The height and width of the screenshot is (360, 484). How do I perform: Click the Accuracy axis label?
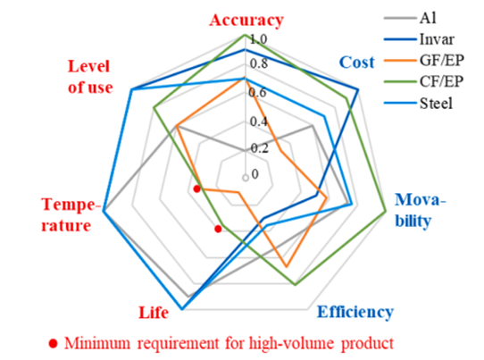pyautogui.click(x=246, y=21)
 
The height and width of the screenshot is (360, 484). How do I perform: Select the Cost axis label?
pyautogui.click(x=357, y=63)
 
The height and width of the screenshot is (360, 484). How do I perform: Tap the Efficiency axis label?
pyautogui.click(x=355, y=312)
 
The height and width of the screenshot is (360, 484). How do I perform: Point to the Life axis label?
pyautogui.click(x=154, y=313)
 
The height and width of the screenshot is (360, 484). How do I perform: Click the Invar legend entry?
pyautogui.click(x=419, y=39)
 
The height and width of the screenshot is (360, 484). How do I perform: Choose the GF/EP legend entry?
pyautogui.click(x=424, y=61)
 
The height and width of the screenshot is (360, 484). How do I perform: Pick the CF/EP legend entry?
pyautogui.click(x=424, y=82)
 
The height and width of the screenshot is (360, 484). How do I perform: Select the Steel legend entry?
pyautogui.click(x=418, y=103)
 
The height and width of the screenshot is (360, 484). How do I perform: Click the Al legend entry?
pyautogui.click(x=410, y=18)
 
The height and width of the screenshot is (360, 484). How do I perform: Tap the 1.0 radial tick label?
pyautogui.click(x=258, y=39)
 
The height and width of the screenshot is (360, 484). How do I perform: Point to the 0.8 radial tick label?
pyautogui.click(x=259, y=63)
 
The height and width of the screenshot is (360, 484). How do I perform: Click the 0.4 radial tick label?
pyautogui.click(x=259, y=121)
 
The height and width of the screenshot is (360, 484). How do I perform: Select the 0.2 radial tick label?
pyautogui.click(x=259, y=148)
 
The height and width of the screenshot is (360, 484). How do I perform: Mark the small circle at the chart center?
pyautogui.click(x=246, y=178)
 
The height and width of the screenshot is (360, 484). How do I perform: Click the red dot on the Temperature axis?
pyautogui.click(x=196, y=188)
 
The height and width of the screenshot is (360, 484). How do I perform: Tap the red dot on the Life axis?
pyautogui.click(x=218, y=229)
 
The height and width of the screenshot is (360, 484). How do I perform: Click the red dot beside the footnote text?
pyautogui.click(x=54, y=343)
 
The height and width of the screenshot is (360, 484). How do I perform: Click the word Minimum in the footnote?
pyautogui.click(x=97, y=343)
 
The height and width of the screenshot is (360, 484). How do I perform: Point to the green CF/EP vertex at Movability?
pyautogui.click(x=386, y=212)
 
